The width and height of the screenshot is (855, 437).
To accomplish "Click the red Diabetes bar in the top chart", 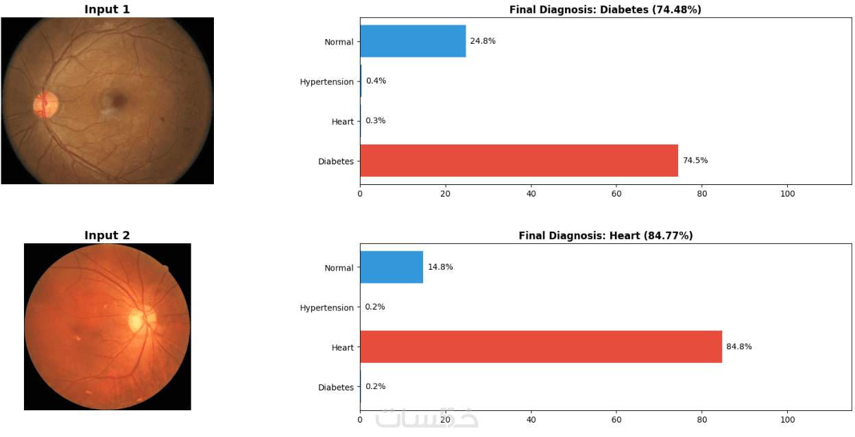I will pos(518,160).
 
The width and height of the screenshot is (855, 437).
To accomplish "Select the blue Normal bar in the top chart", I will pos(412,41).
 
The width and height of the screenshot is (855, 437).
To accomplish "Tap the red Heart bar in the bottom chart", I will pos(540,347).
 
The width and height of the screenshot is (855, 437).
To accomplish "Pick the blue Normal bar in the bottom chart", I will pos(391,267).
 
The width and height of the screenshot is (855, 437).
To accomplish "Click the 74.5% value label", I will pos(695,160).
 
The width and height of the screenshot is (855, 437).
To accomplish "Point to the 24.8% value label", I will pos(483,41).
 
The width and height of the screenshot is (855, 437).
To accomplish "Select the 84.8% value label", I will pos(739,347).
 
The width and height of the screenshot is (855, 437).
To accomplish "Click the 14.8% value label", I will pos(440,267).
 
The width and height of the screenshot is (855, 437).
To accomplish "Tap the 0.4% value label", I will pos(376,81).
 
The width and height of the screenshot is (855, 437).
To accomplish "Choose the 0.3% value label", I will pos(376,121).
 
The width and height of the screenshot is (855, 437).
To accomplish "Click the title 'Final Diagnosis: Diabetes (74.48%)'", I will pos(605,10).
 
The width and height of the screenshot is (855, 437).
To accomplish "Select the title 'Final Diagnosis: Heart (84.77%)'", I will pos(605,236).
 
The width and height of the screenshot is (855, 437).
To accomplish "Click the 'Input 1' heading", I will pos(107,10).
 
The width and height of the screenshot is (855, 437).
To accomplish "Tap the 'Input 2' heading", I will pos(107,236).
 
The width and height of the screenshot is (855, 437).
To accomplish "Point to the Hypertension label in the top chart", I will pos(326,82).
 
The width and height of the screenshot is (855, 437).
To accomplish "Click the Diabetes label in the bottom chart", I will pos(336,388).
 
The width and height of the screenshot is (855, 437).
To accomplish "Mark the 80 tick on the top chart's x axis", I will pos(701,194).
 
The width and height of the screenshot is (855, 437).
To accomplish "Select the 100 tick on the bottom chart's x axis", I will pos(787,419).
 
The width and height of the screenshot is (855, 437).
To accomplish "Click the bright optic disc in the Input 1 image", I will pos(46,104).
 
